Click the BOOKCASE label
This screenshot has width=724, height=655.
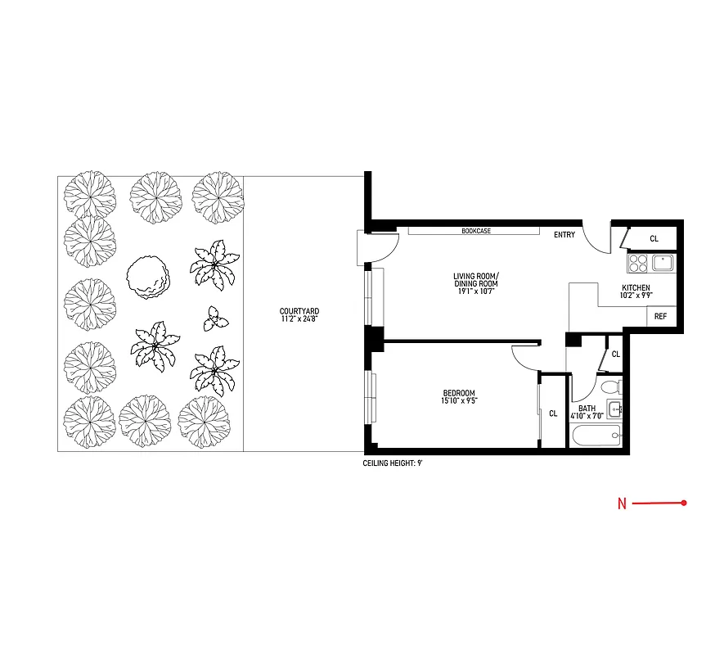point(475,231)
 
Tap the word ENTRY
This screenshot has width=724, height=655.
point(564,235)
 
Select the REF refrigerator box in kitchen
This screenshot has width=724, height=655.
point(660,317)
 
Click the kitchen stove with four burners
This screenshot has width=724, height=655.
point(638,263)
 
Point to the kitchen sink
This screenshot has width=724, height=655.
point(663,263)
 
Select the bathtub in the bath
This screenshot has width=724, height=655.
point(597,436)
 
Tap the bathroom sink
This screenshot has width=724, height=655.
point(614,409)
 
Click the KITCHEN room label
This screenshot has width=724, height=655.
point(636,288)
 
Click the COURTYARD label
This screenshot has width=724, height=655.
point(299,311)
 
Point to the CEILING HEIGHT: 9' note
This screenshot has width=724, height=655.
point(393,463)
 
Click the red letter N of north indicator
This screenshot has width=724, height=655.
point(622,504)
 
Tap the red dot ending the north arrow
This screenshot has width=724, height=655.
point(683,503)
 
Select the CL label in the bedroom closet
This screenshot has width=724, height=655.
point(553,413)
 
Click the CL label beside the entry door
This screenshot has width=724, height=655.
point(654,238)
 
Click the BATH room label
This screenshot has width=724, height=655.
point(587,409)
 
